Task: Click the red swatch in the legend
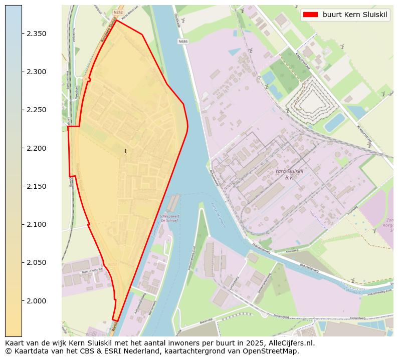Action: click(310, 15)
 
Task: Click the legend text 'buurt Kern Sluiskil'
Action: click(355, 15)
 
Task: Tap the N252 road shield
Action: click(118, 12)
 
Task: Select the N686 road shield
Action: click(183, 42)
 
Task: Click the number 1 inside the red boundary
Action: click(125, 151)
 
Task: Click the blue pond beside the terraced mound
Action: click(334, 122)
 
